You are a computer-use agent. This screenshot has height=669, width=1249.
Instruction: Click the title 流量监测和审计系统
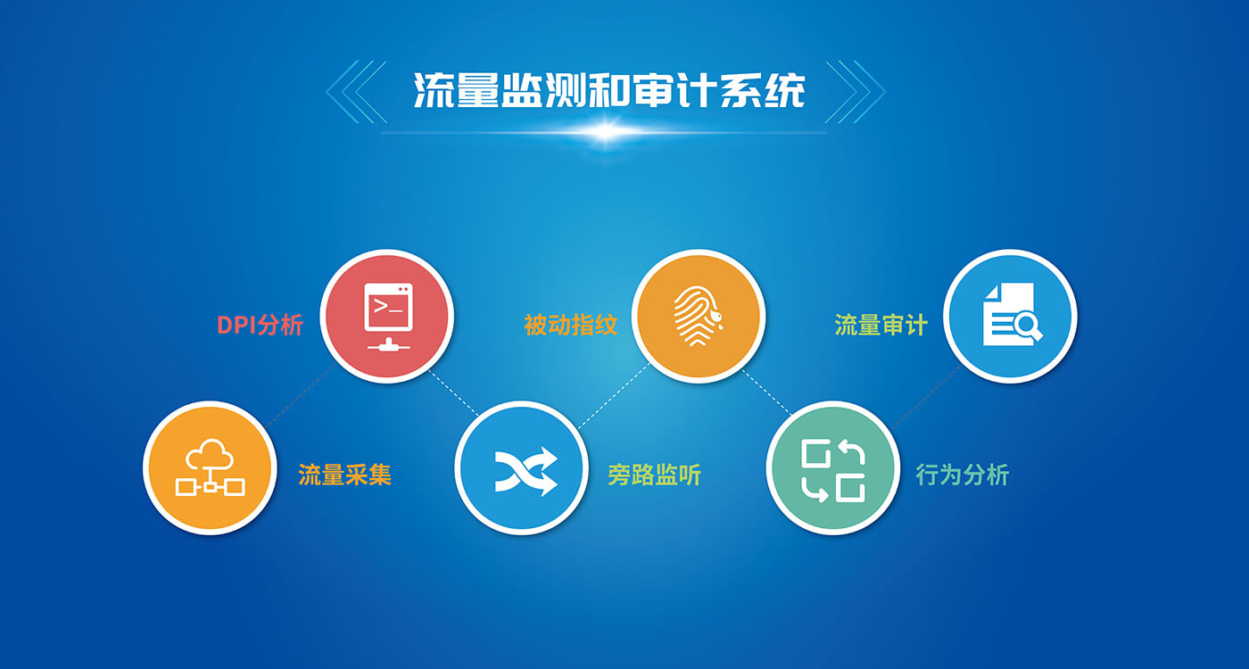608,90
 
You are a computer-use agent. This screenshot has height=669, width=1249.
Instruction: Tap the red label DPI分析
260,325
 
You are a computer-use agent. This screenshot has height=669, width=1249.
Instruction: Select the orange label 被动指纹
571,325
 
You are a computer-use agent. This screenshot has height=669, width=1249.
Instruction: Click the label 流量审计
881,325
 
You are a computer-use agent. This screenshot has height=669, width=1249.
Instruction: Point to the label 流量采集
345,475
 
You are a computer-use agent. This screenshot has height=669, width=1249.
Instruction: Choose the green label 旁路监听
655,475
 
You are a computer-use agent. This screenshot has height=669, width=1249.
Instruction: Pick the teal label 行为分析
963,475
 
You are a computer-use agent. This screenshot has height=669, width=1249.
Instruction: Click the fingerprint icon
698,316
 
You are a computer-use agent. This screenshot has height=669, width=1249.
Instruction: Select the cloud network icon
211,467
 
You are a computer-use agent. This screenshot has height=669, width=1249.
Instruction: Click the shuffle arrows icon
525,472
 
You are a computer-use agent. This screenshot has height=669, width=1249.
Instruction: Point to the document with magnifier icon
1012,314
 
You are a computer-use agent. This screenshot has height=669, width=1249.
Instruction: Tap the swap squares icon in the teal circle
833,471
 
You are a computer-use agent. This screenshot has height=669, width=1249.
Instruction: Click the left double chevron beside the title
357,92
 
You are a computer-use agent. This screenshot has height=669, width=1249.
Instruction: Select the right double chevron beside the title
856,92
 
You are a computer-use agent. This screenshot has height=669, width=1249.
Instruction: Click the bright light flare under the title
606,133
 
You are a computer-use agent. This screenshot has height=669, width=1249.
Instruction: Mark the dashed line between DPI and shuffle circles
453,393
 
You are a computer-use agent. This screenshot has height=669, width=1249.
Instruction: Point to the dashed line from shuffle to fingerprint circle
614,396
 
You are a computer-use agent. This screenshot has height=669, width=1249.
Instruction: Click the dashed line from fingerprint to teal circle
767,392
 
